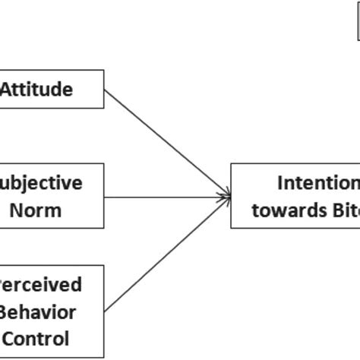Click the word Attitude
click(x=36, y=89)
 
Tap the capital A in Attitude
click(x=7, y=89)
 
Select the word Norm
click(x=36, y=209)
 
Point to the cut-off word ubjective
click(x=42, y=183)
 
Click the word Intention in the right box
click(x=318, y=183)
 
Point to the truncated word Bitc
click(x=343, y=209)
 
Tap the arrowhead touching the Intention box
click(x=226, y=197)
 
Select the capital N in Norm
click(x=15, y=209)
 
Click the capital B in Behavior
click(x=6, y=311)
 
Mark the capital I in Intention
click(x=281, y=183)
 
